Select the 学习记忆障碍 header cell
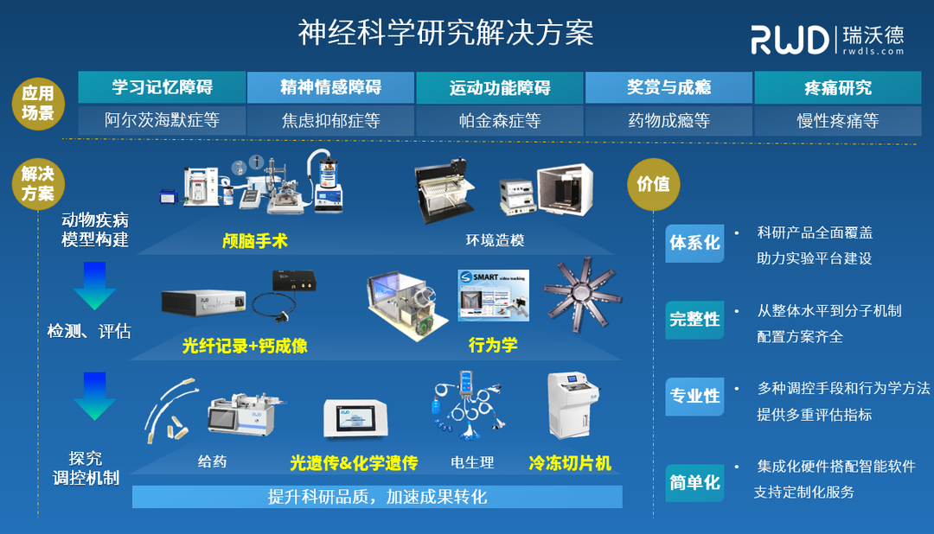pos(162,87)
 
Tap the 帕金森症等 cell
pos(500,121)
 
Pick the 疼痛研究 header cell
pos(837,87)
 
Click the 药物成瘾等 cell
pos(669,121)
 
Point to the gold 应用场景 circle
pos(38,104)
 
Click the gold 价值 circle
pos(653,184)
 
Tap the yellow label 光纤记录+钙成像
pos(245,346)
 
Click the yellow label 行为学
pos(493,346)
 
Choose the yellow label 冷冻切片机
pos(570,464)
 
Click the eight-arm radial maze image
pos(579,296)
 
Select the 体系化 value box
pos(694,244)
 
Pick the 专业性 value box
pos(694,396)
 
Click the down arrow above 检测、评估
pos(95,286)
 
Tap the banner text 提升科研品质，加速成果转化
pos(378,497)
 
